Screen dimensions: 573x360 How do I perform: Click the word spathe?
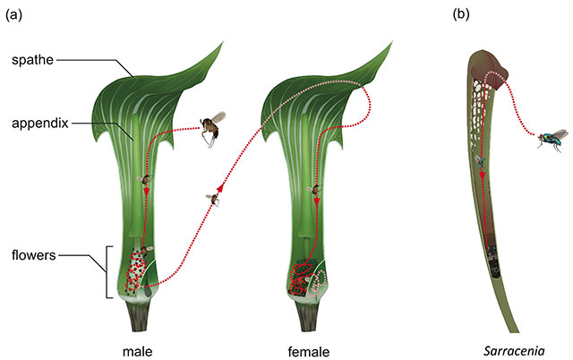point(32,60)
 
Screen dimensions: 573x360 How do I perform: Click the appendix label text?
point(40,124)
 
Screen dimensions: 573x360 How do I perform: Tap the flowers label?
point(34,255)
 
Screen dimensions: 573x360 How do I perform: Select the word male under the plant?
point(137,352)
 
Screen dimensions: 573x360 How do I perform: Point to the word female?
point(309,352)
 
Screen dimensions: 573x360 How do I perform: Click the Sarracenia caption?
point(514,351)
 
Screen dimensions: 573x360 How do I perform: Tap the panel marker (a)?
point(14,14)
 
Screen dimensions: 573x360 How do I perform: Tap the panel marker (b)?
point(461,14)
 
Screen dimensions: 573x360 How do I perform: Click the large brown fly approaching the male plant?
point(212,129)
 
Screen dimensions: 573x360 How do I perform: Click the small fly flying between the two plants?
point(213,200)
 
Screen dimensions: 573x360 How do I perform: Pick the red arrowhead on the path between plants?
point(220,187)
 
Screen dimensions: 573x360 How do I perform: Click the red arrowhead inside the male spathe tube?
point(147,192)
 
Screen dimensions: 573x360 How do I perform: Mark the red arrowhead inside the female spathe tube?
point(317,201)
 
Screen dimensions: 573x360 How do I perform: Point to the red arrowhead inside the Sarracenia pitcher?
point(483,176)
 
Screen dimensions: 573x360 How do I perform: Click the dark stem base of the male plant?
point(138,316)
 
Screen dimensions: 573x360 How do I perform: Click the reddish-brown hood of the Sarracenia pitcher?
point(489,72)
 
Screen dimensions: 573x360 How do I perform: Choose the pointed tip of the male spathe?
point(223,42)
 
